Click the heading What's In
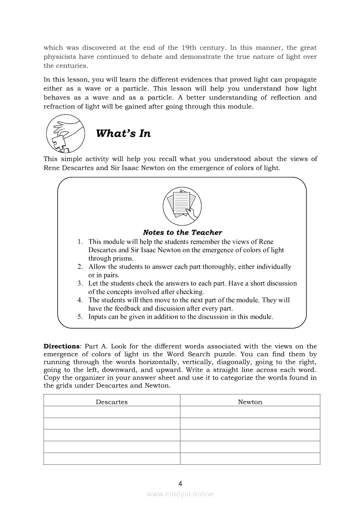[x=123, y=134]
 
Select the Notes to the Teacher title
[x=182, y=233]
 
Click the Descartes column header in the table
[x=112, y=402]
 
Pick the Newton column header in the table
[x=250, y=402]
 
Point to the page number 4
[x=180, y=483]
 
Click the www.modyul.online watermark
[x=180, y=494]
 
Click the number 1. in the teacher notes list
[x=80, y=242]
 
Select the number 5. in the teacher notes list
[x=80, y=317]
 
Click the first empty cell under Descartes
[x=112, y=412]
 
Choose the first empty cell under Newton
[x=250, y=412]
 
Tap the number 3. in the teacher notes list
[x=80, y=283]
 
